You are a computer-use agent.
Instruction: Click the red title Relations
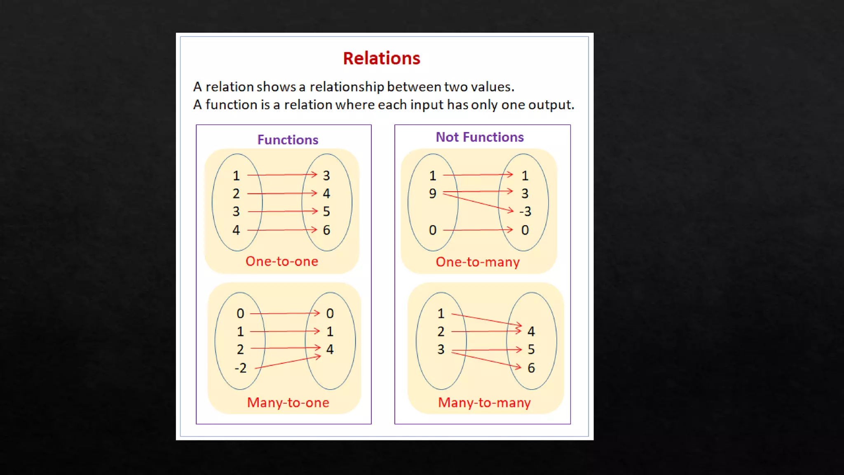pyautogui.click(x=382, y=59)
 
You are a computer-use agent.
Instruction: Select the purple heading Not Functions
pyautogui.click(x=480, y=137)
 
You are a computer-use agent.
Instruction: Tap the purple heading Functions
pyautogui.click(x=288, y=140)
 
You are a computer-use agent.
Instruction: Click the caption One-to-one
pyautogui.click(x=282, y=261)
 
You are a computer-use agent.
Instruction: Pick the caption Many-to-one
pyautogui.click(x=288, y=402)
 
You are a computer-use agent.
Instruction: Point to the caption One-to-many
pyautogui.click(x=478, y=262)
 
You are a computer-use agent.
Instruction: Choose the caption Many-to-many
pyautogui.click(x=484, y=402)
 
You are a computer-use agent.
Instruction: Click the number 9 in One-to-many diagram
pyautogui.click(x=432, y=193)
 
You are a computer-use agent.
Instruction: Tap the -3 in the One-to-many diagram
pyautogui.click(x=525, y=212)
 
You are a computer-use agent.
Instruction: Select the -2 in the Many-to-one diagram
pyautogui.click(x=240, y=368)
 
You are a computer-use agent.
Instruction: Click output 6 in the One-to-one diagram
pyautogui.click(x=326, y=230)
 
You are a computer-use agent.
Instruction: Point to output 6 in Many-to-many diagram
pyautogui.click(x=531, y=368)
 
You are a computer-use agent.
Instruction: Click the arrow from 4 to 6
pyautogui.click(x=282, y=230)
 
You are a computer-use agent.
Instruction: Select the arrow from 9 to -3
pyautogui.click(x=478, y=202)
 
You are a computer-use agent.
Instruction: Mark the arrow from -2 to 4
pyautogui.click(x=288, y=362)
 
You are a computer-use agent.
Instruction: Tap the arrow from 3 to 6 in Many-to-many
pyautogui.click(x=486, y=359)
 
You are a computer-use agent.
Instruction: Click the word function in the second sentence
pyautogui.click(x=232, y=105)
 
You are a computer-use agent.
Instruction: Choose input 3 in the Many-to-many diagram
pyautogui.click(x=441, y=350)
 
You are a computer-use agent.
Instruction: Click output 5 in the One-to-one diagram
pyautogui.click(x=326, y=212)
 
